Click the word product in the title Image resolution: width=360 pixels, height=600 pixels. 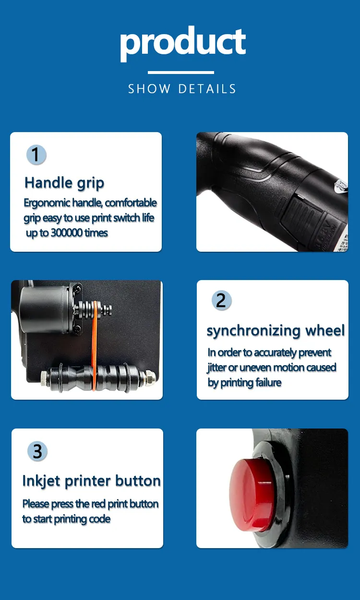tap(183, 43)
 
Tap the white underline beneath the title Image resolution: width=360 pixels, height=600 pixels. tap(180, 73)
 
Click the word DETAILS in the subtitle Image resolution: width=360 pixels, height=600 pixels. tap(207, 89)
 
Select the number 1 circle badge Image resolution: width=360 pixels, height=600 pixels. tap(36, 155)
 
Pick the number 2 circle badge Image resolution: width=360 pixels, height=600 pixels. tap(221, 300)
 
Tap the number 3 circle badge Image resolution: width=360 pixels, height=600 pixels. tap(37, 451)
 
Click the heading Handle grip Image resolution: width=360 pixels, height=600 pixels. tap(64, 183)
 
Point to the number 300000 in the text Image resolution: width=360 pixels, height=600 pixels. tap(67, 233)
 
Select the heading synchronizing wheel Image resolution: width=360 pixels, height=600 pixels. tap(276, 331)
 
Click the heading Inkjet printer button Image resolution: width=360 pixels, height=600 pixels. tap(92, 481)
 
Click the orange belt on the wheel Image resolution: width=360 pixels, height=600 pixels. tap(94, 345)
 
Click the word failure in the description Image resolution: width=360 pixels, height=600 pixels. tap(268, 382)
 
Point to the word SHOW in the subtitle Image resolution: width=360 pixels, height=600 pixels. tap(149, 89)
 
